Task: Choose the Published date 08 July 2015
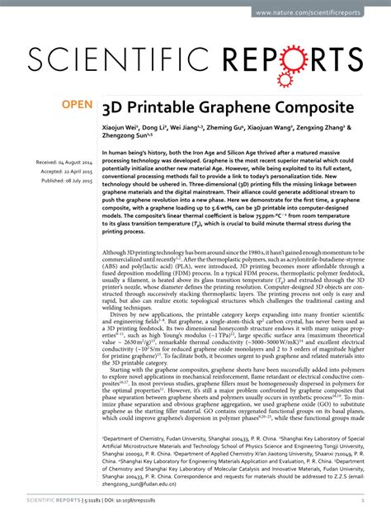pos(66,181)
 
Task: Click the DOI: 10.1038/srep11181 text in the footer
pos(144,498)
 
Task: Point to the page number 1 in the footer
pos(362,498)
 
